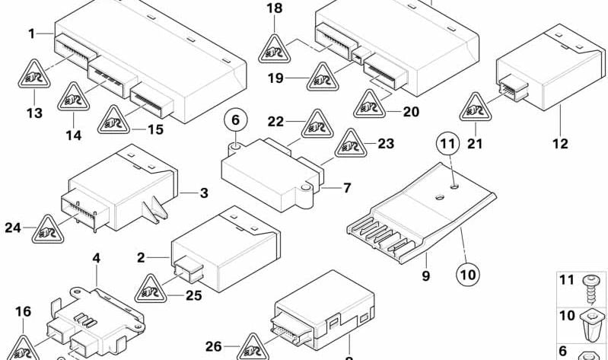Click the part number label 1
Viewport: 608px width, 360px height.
point(31,33)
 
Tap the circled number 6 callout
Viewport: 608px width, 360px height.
point(236,119)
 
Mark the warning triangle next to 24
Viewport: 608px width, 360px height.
point(47,228)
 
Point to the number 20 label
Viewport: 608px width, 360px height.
point(410,112)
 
